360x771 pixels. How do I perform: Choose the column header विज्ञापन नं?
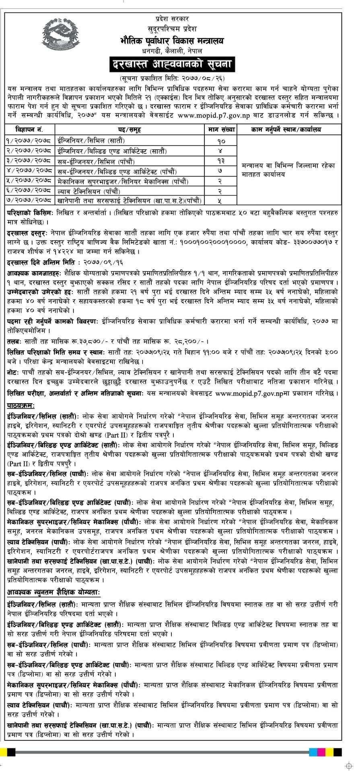[29, 130]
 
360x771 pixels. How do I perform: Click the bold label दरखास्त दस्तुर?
[27, 233]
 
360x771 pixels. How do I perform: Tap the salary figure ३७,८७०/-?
[80, 342]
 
